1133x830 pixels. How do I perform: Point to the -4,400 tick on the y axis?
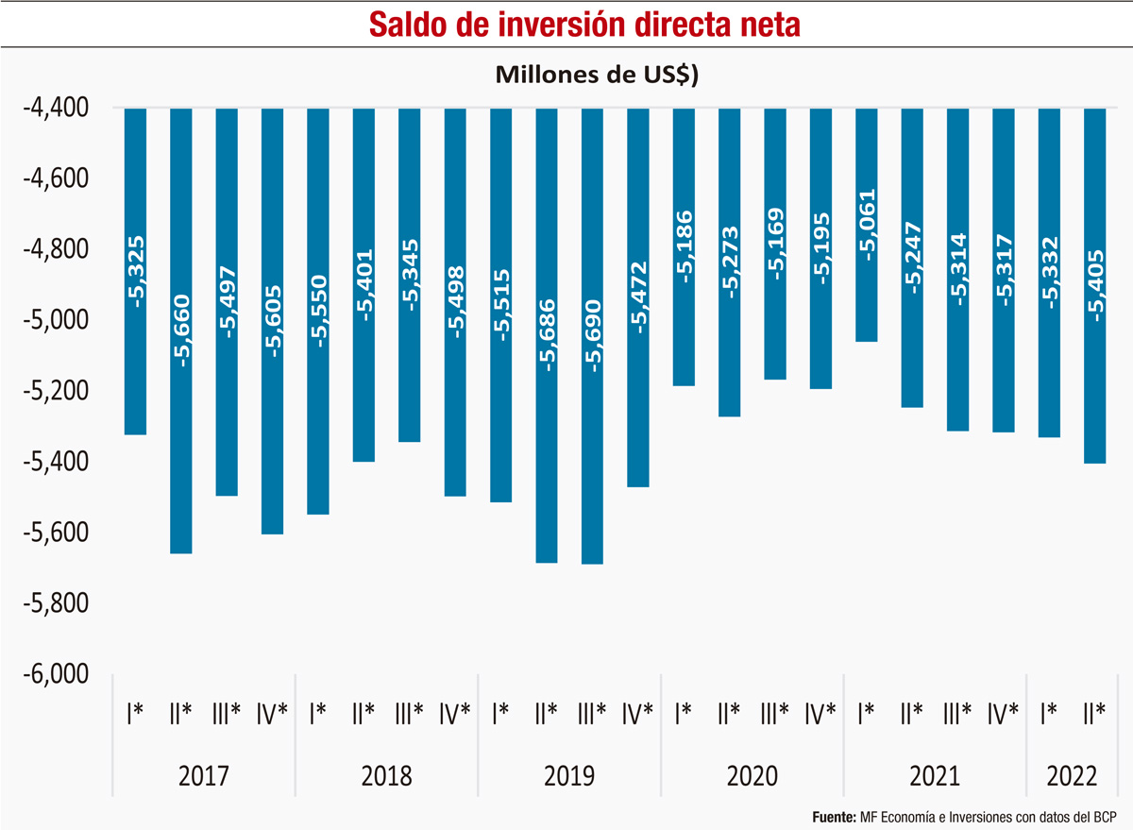(x=56, y=109)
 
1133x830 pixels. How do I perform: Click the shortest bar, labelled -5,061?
(x=867, y=283)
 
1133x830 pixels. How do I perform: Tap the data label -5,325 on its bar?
(x=136, y=274)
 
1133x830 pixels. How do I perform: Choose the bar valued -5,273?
(x=730, y=340)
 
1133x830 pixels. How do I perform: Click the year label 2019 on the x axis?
(x=569, y=776)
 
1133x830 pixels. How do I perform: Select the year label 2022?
(x=1073, y=776)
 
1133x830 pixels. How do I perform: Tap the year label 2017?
(x=204, y=776)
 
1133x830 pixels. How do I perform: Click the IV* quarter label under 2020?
(x=820, y=713)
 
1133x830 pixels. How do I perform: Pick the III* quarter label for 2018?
(x=410, y=713)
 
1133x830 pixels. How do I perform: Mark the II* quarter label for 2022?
(x=1095, y=713)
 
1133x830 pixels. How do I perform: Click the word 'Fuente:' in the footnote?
(x=834, y=815)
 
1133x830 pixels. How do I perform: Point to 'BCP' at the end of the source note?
(x=1103, y=815)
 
